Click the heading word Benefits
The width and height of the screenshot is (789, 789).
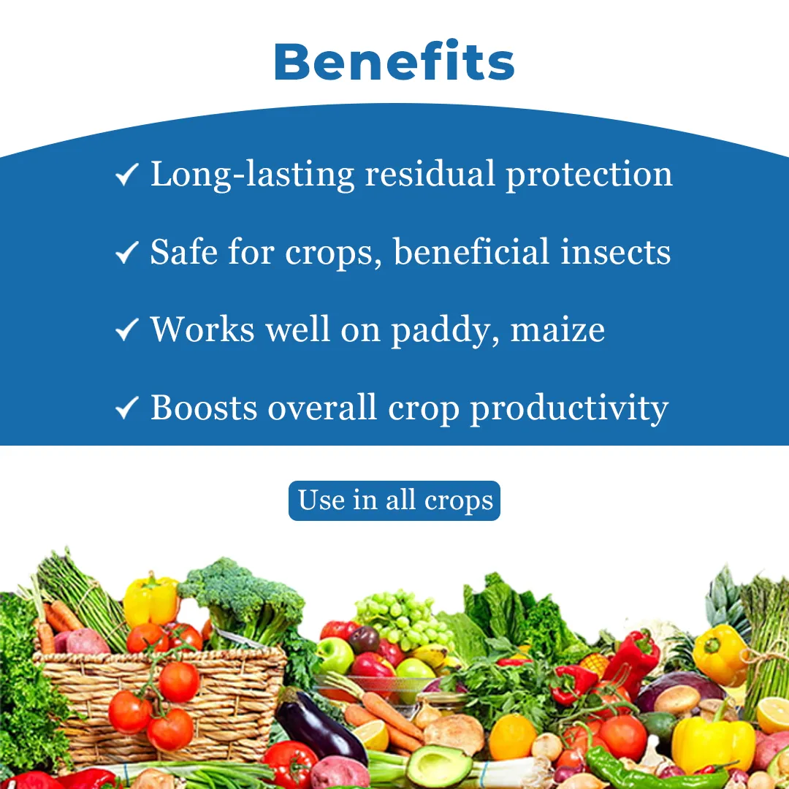[x=394, y=62]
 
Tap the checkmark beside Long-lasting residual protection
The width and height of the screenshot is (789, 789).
[x=127, y=175]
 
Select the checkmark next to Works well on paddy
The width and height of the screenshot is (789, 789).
[x=127, y=330]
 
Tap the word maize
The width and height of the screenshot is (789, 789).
[x=557, y=329]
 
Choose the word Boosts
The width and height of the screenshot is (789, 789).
[x=204, y=407]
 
